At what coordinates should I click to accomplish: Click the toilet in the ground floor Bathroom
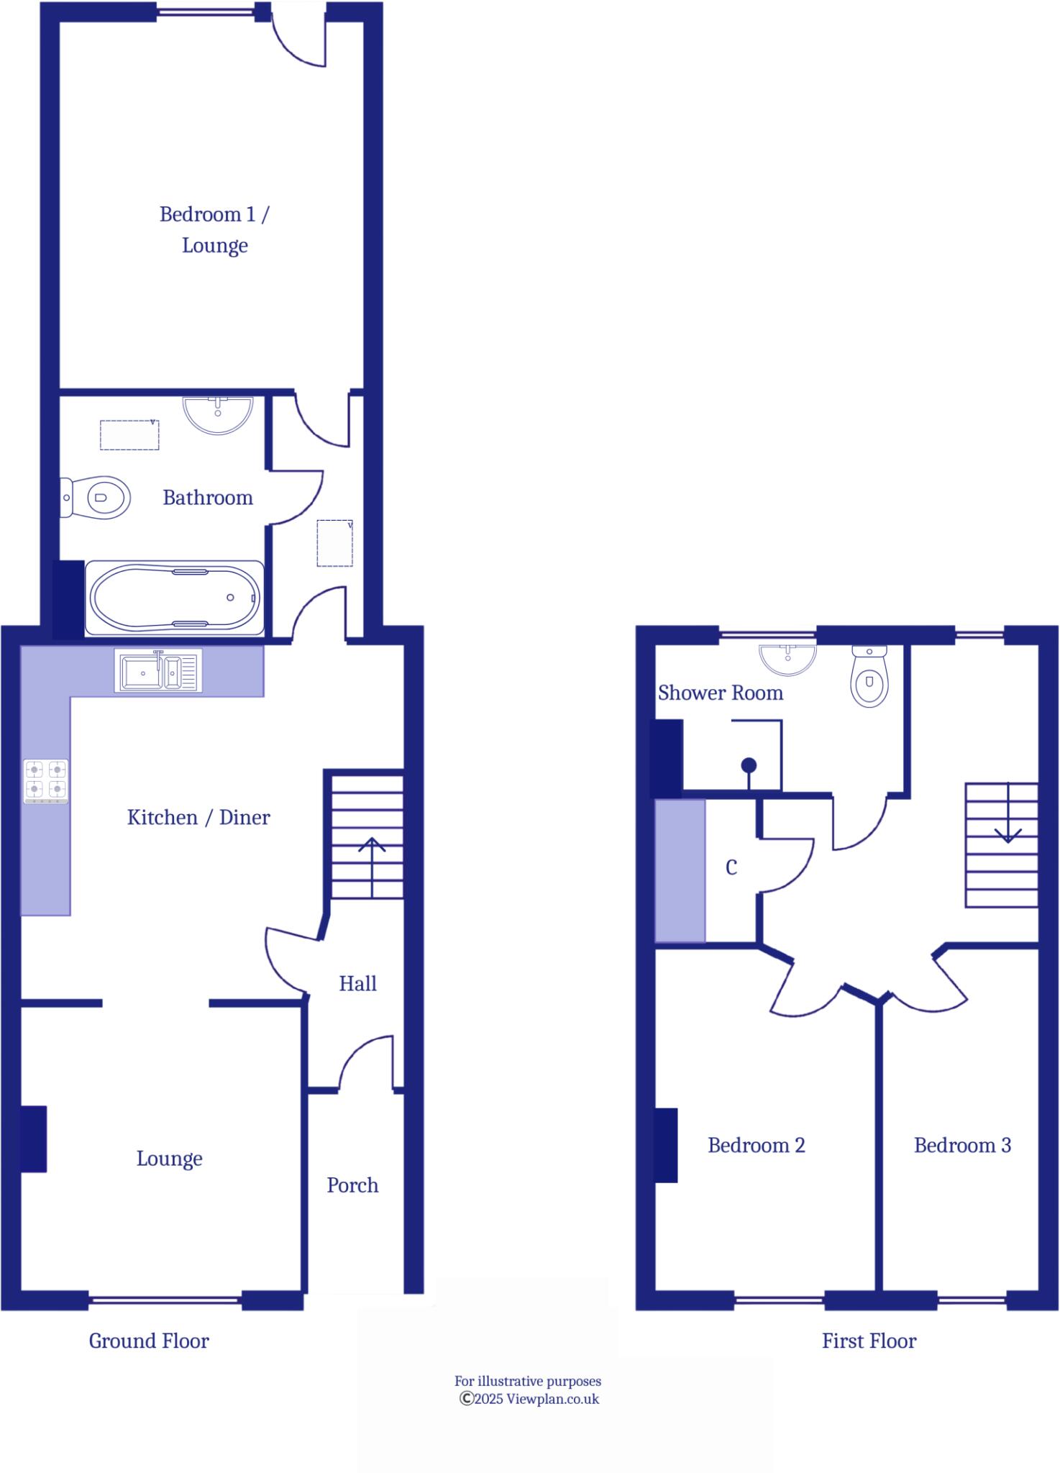coord(97,497)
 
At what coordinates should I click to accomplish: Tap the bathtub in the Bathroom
coord(173,598)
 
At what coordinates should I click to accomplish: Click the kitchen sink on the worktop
coord(158,670)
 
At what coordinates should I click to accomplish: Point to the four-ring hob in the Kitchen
coord(46,780)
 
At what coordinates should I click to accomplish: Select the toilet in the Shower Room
coord(869,677)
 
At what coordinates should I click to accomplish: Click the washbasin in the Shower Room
coord(788,658)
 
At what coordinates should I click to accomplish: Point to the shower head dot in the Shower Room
coord(749,765)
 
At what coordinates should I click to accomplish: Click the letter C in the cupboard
coord(731,868)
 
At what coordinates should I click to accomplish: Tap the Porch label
coord(352,1185)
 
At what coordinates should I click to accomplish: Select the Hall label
coord(357,983)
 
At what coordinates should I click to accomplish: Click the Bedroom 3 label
coord(962,1145)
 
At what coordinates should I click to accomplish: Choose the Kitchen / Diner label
coord(198,817)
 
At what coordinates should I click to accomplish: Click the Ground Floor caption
coord(149,1341)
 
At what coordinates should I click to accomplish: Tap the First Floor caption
coord(869,1341)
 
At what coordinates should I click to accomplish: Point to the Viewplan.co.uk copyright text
coord(529,1399)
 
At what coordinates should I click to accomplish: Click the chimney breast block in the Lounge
coord(33,1139)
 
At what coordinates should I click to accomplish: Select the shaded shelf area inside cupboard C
coord(680,870)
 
